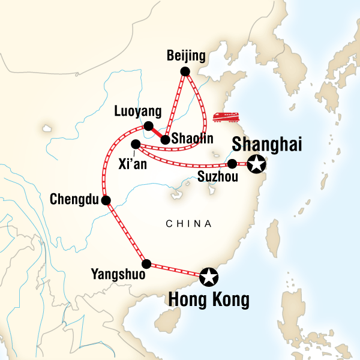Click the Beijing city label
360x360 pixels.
pos(186,56)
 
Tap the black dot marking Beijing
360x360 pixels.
pos(185,71)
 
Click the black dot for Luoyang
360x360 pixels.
pos(148,126)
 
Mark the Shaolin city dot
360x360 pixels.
pos(165,140)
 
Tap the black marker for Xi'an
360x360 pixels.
pos(136,144)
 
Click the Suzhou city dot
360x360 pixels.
pos(232,163)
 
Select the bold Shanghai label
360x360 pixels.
pos(266,145)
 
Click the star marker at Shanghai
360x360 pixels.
pos(257,163)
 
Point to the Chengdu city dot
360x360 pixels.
pos(106,200)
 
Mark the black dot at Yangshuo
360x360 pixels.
pos(146,263)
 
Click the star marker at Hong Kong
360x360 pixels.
pos(209,277)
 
